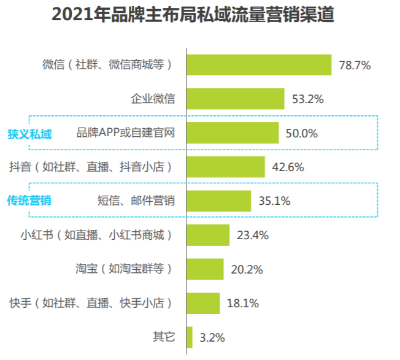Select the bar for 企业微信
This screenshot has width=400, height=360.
point(235,99)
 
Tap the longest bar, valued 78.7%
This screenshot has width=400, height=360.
point(258,64)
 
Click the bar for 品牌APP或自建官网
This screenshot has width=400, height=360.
point(232,132)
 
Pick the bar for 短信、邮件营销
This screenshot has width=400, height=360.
point(218,201)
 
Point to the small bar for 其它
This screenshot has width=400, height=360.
point(190,337)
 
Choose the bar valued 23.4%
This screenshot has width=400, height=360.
point(207,235)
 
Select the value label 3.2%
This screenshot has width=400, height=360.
point(212,337)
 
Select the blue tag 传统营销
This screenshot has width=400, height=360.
point(29,201)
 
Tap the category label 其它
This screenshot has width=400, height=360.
point(164,337)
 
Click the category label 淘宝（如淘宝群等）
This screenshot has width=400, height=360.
point(124,269)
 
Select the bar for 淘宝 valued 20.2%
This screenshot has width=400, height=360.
point(205,269)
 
